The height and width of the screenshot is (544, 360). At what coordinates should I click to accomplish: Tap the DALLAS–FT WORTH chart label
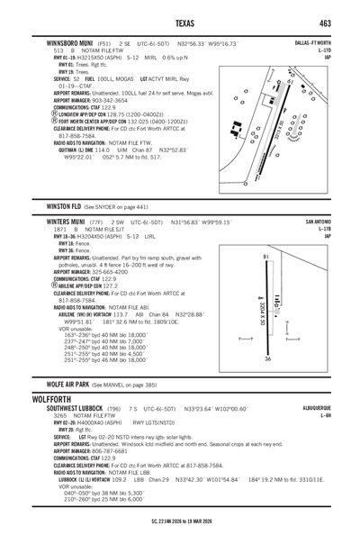[314, 42]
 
